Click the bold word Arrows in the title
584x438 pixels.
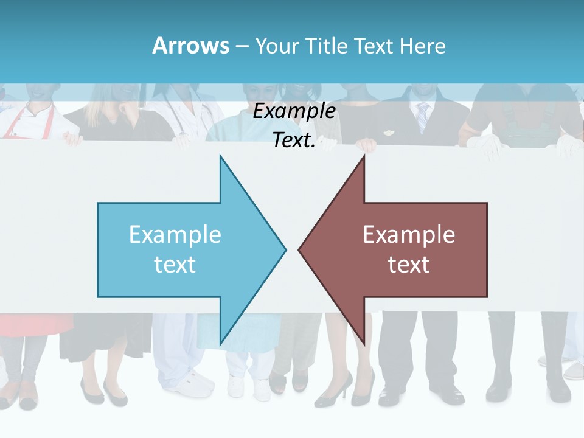[x=190, y=46]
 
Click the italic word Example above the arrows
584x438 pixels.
[x=294, y=111]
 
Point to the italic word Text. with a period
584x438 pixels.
[x=294, y=141]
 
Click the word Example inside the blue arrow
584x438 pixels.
[x=175, y=234]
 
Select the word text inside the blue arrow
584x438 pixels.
[x=175, y=265]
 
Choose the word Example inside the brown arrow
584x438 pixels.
[x=409, y=234]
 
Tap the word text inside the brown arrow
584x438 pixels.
[x=409, y=265]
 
